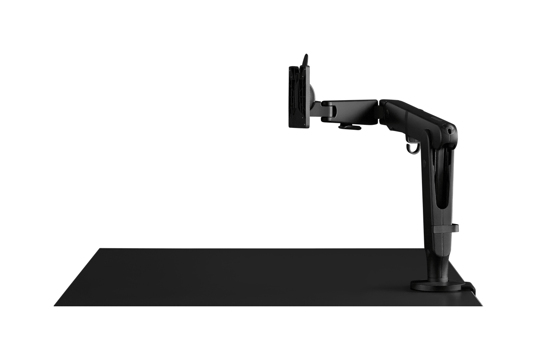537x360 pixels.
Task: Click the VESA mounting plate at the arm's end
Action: click(299, 97)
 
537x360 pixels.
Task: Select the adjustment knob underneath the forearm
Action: click(349, 127)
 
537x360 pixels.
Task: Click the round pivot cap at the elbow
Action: click(449, 130)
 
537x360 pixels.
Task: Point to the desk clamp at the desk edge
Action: click(470, 286)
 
